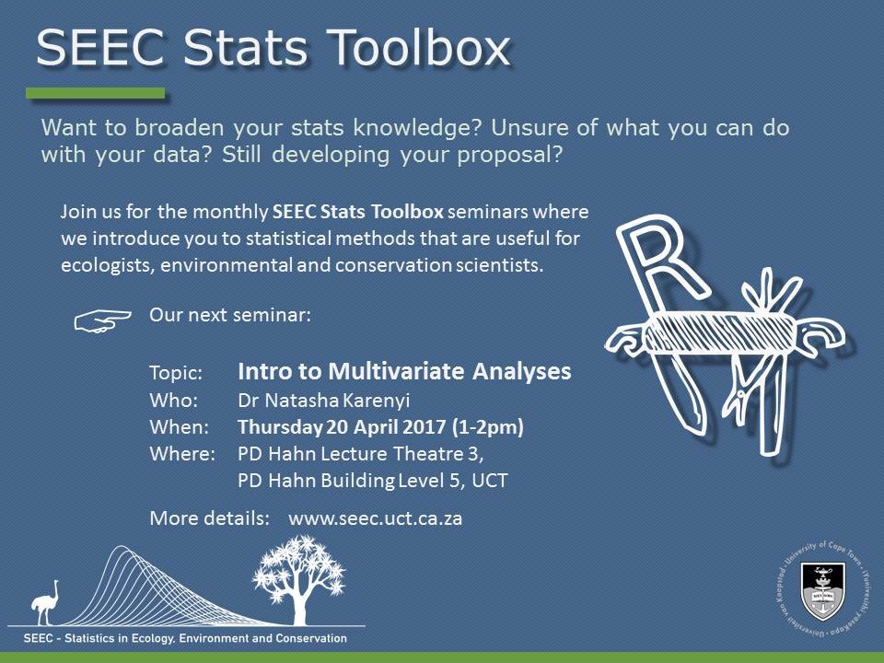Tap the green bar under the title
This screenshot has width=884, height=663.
pos(96,93)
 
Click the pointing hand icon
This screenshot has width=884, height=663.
pos(102,320)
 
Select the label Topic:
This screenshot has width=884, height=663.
pos(176,373)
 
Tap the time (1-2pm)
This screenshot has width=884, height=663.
pos(488,426)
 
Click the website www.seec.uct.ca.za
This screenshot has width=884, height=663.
pos(376,518)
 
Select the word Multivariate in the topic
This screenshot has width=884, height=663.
pos(397,371)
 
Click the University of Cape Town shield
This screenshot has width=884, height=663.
pos(822,590)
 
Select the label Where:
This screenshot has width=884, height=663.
pos(182,454)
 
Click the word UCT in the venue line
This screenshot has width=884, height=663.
pos(490,481)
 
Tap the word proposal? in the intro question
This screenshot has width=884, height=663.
pos(509,155)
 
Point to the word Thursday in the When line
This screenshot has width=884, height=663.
pos(279,426)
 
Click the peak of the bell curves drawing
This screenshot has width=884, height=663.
pos(121,546)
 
